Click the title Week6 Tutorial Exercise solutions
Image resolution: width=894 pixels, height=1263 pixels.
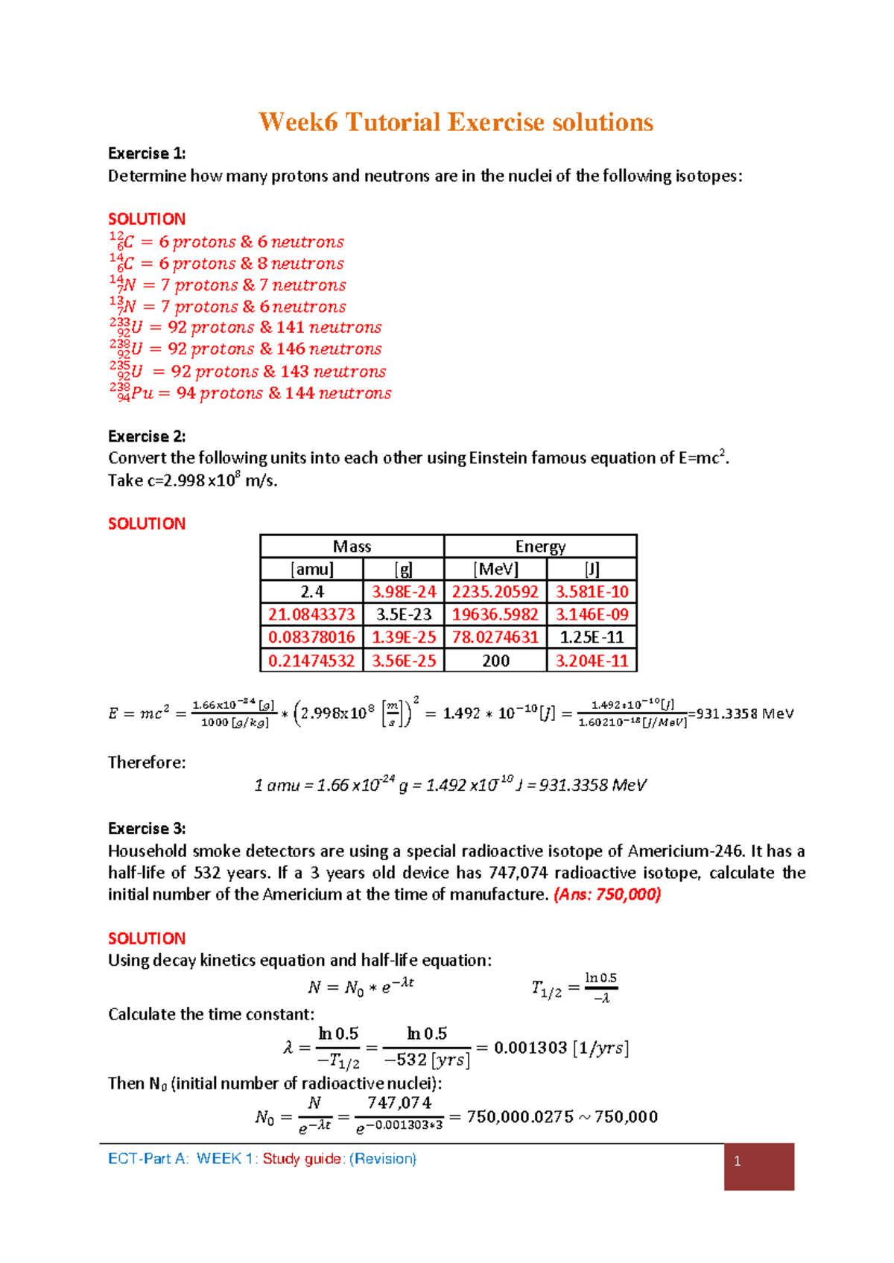pos(455,122)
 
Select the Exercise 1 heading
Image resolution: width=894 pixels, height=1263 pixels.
pos(147,153)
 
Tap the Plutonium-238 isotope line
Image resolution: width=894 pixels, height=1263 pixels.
pos(250,392)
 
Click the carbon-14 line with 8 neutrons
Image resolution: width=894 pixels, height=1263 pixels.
pos(226,263)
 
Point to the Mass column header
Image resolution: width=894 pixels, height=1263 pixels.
pos(352,547)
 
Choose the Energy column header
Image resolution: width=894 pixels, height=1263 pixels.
pos(540,547)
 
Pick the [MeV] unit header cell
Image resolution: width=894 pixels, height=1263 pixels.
pos(495,569)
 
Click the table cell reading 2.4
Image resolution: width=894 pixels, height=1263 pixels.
pos(312,592)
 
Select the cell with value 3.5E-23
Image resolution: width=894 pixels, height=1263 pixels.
pos(404,614)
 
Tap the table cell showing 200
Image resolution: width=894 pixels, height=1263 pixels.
pos(495,661)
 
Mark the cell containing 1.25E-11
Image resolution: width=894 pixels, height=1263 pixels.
pos(592,637)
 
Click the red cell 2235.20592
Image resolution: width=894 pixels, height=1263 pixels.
pos(495,592)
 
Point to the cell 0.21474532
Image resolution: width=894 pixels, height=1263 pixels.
pos(311,661)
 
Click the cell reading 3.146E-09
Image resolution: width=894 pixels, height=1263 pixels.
pos(592,614)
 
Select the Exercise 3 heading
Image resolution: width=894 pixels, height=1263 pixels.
pos(147,829)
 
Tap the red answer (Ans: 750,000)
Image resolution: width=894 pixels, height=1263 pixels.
pos(607,894)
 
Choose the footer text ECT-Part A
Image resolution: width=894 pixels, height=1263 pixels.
pos(148,1159)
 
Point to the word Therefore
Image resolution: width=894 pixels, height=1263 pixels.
pos(147,763)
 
